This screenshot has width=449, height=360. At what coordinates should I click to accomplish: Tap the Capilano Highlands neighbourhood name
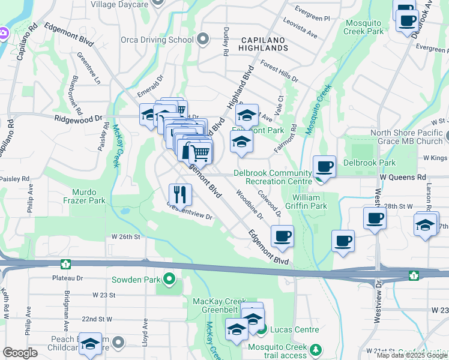(x=261, y=43)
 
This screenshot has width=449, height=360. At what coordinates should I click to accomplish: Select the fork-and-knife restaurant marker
(x=180, y=194)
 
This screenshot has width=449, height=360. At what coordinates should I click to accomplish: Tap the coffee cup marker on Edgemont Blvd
(x=282, y=236)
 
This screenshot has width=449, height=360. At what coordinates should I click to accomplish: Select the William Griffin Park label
(x=310, y=202)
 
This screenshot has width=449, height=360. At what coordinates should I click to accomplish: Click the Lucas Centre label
(x=289, y=330)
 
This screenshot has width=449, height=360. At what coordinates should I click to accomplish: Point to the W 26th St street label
(x=125, y=237)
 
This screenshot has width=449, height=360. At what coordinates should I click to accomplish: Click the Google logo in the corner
(x=20, y=353)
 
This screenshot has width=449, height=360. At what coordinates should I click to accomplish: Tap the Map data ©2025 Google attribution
(x=412, y=355)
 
